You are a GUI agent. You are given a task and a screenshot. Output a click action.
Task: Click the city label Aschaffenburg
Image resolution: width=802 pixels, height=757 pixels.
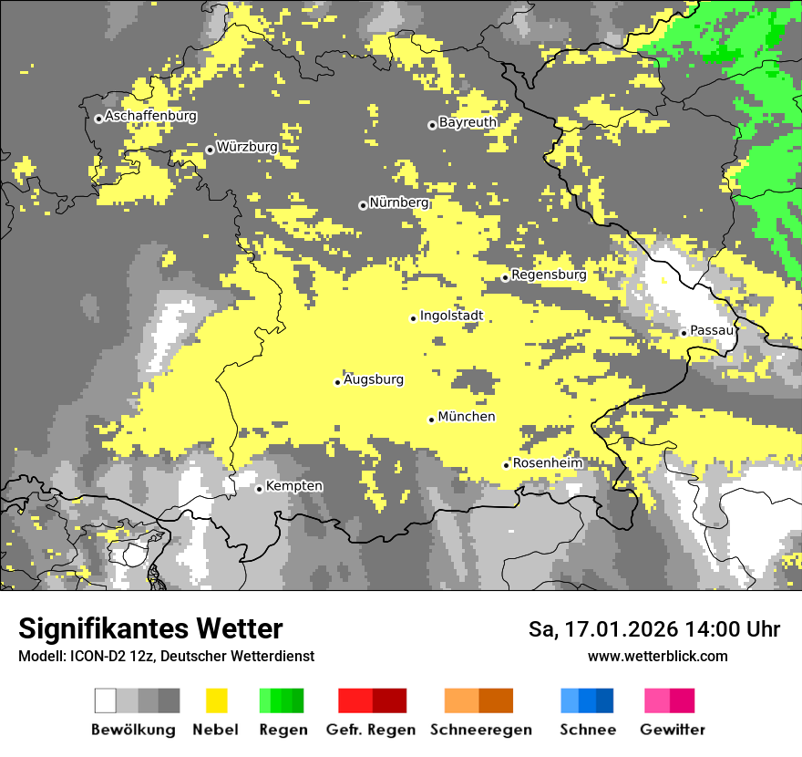[150, 117]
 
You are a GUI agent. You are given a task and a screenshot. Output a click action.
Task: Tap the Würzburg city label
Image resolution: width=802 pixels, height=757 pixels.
[247, 147]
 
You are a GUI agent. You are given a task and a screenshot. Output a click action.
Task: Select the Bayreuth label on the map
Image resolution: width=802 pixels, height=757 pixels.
[468, 122]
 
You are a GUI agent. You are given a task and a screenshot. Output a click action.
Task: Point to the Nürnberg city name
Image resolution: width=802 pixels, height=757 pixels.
[398, 202]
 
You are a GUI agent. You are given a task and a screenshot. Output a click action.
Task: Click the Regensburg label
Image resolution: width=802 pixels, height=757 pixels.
[549, 275]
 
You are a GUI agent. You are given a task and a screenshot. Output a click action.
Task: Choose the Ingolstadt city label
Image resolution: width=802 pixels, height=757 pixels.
[451, 316]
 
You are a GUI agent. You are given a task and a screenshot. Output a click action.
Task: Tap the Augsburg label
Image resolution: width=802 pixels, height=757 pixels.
[374, 379]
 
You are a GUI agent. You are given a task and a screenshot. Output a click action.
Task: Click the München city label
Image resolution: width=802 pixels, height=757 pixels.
[467, 417]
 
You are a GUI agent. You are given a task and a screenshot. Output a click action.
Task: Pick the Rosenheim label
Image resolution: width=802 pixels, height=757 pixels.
[547, 463]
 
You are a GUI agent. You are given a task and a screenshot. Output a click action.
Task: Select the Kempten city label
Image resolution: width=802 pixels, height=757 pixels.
[293, 486]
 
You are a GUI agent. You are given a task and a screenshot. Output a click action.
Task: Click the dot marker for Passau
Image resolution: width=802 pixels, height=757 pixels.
[684, 333]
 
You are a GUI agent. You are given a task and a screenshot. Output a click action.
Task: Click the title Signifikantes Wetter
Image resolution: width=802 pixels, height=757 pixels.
[150, 628]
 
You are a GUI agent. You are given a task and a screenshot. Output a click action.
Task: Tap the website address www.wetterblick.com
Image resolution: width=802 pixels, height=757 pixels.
[657, 656]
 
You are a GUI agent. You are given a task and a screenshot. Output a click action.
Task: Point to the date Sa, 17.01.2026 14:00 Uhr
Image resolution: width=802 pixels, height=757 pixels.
[654, 629]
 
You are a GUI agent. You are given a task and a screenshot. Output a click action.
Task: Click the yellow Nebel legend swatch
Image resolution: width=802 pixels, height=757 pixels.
[216, 700]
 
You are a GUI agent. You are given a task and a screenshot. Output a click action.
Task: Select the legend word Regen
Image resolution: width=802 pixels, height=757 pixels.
[283, 730]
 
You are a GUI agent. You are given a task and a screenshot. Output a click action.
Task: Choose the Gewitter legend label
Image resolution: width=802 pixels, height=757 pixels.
[672, 730]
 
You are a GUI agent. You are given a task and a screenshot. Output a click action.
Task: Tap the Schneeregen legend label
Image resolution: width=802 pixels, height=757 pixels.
[480, 730]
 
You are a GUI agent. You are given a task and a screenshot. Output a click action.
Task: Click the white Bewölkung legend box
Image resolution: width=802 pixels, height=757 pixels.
[106, 700]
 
